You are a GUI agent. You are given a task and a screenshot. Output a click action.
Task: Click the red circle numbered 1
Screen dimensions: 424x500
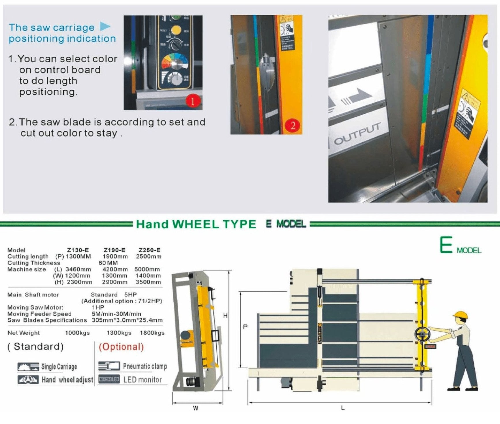click(192, 101)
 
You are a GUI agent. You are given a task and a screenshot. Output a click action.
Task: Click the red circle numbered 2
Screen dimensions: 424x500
click(293, 126)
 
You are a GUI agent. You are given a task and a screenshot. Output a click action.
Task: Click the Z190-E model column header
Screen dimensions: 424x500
click(115, 250)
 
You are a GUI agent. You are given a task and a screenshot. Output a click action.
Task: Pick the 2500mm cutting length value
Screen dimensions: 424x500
click(149, 256)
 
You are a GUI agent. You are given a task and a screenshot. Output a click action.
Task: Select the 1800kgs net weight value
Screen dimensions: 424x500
click(152, 333)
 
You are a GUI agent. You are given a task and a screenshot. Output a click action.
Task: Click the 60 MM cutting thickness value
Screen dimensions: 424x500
click(108, 263)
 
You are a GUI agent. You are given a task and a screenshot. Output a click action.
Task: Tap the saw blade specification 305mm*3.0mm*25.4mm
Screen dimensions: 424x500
click(127, 320)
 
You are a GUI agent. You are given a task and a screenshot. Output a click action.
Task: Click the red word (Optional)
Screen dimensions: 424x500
click(121, 346)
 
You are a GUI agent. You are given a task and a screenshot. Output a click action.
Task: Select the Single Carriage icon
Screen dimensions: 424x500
click(28, 367)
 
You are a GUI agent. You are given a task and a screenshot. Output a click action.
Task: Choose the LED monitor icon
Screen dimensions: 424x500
click(109, 379)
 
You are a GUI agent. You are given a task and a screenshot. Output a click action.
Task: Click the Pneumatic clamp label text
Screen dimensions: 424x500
click(145, 366)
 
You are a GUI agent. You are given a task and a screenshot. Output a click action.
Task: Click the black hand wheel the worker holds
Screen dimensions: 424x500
click(422, 334)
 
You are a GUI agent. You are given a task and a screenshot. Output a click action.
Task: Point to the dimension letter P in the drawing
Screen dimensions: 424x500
click(245, 327)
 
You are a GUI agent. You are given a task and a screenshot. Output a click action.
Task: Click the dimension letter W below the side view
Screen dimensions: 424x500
click(196, 408)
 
